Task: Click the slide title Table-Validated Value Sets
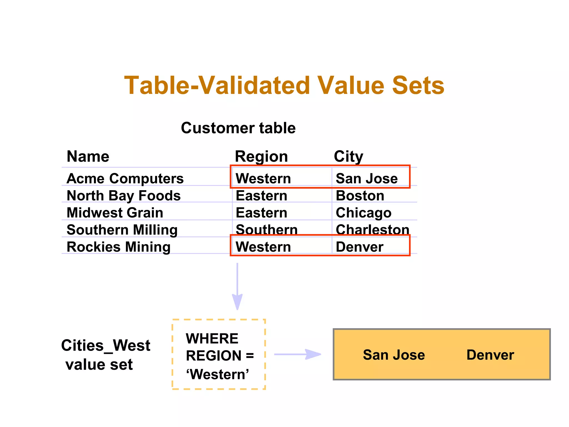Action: (284, 85)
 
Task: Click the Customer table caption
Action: (238, 128)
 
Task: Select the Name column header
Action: (88, 156)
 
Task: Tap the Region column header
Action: (261, 157)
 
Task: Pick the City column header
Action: (348, 157)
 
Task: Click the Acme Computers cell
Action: (125, 178)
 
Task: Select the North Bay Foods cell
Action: (124, 196)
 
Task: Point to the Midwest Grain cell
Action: (115, 213)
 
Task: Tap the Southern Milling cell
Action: (122, 230)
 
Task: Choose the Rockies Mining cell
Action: (119, 247)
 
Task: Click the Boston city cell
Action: (360, 196)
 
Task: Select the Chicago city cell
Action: (363, 213)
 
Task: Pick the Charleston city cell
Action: (372, 230)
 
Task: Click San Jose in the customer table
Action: (366, 178)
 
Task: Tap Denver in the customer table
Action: (360, 247)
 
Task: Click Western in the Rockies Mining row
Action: (263, 247)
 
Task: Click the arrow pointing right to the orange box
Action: (298, 354)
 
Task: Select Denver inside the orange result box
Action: (490, 355)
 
